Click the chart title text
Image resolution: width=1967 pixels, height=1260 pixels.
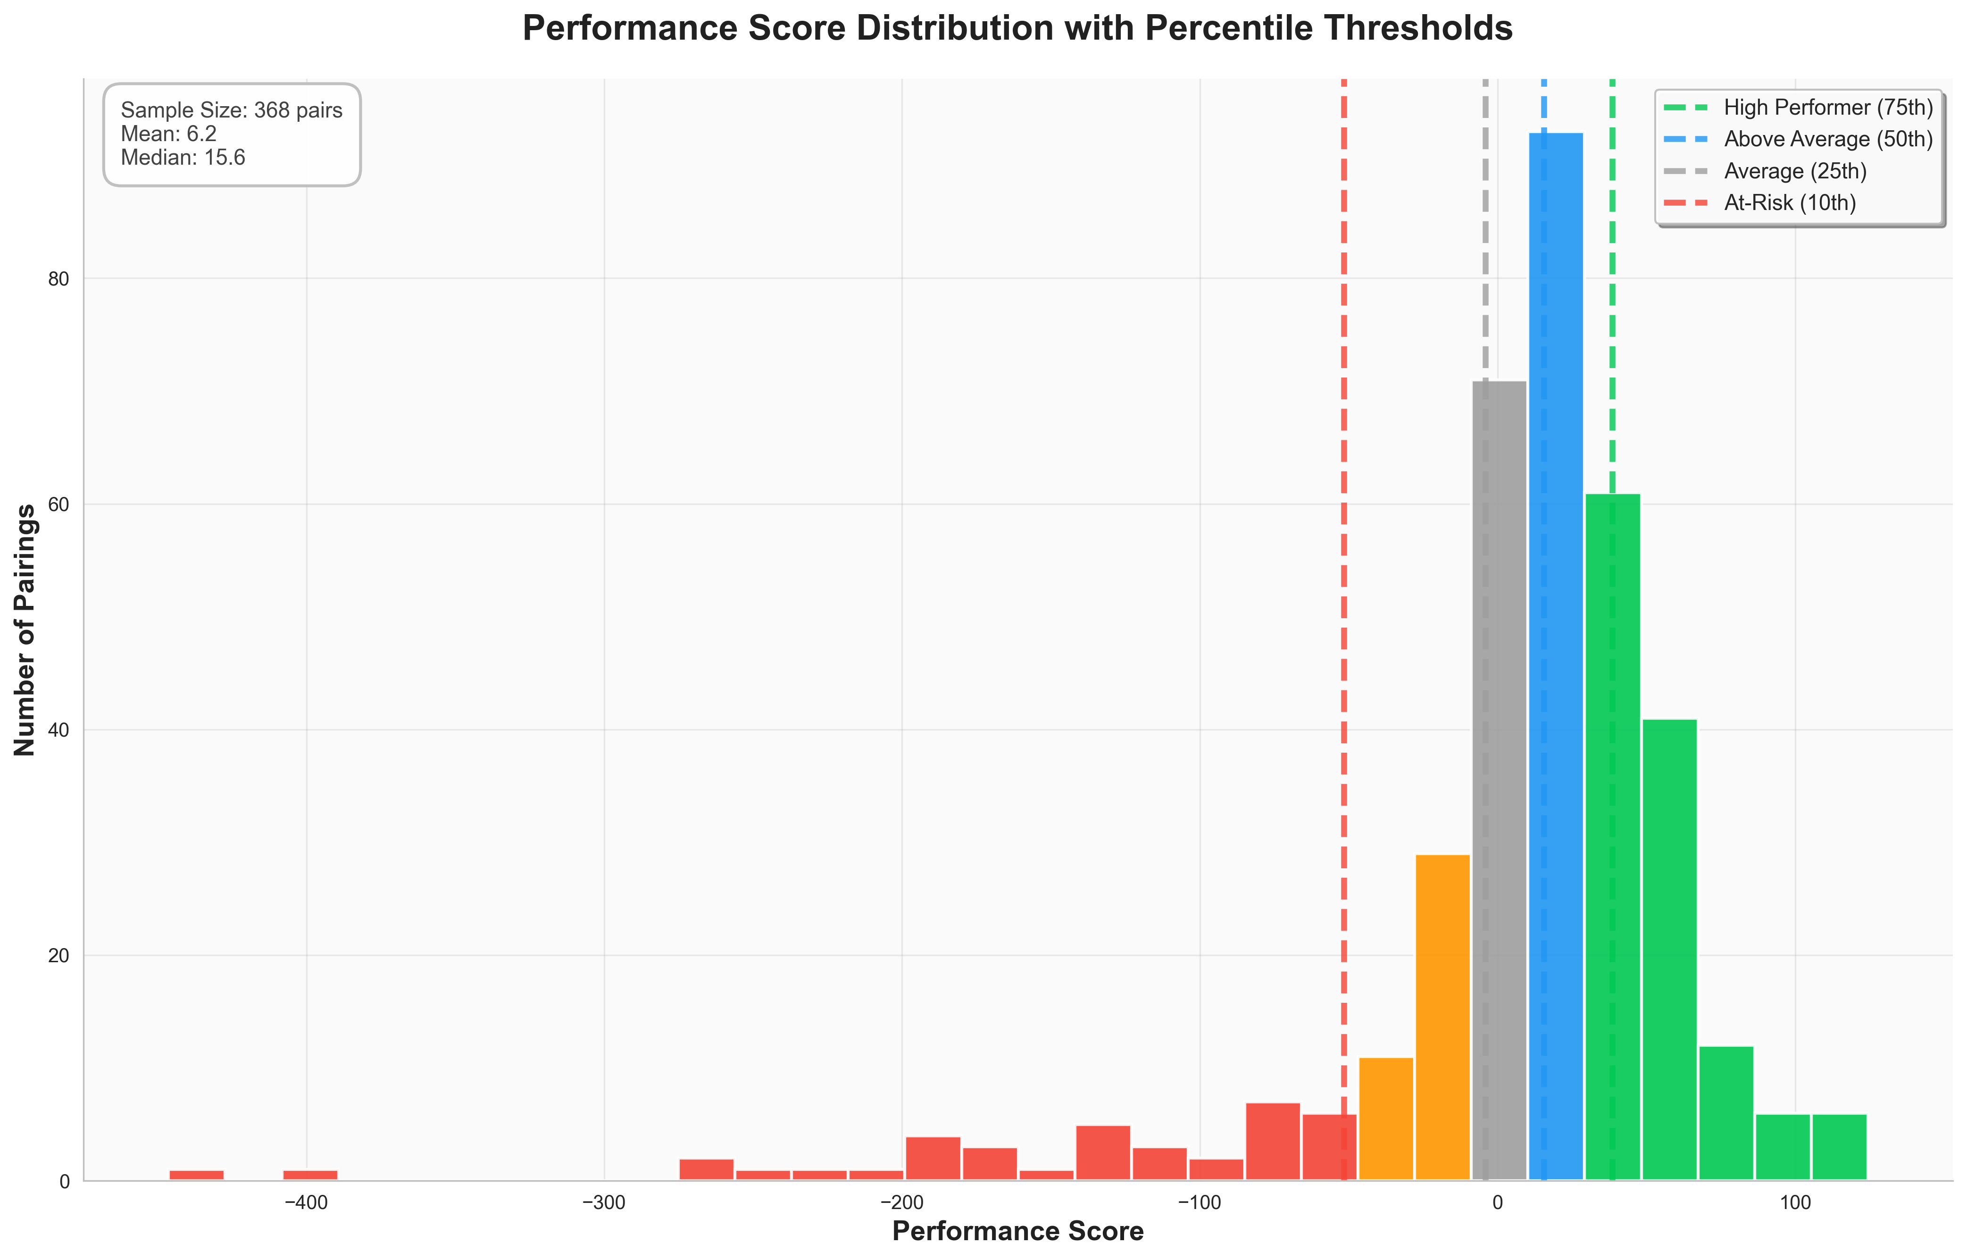1017,29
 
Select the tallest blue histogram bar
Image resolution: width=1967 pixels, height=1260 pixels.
1556,655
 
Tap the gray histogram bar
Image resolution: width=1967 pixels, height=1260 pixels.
1499,777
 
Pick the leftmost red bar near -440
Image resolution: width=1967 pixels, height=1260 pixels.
196,1175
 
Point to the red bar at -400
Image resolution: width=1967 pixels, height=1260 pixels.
310,1175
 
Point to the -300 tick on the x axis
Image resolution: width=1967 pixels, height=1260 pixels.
604,1203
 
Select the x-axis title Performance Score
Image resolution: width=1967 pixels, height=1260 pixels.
1017,1231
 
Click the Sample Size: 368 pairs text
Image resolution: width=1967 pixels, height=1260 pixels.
232,110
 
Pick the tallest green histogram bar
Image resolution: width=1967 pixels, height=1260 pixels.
1612,834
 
